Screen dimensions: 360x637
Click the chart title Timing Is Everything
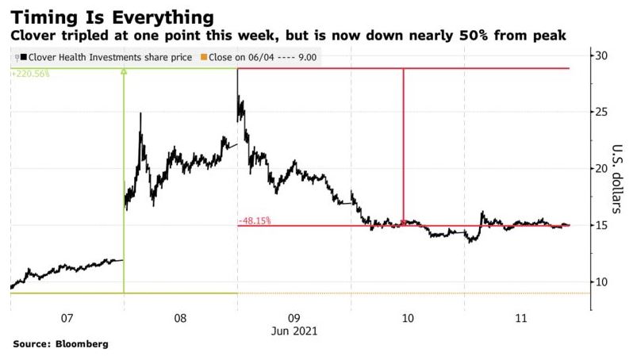click(112, 17)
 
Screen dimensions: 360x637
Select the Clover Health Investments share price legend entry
click(102, 57)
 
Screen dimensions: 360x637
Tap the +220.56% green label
click(30, 73)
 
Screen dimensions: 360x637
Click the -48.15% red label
click(255, 220)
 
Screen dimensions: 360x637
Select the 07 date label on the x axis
click(67, 318)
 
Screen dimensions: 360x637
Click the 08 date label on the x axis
click(181, 318)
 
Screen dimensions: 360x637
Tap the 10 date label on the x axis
click(409, 318)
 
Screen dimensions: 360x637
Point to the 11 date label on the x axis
click(522, 318)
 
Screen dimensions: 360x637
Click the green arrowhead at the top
click(124, 73)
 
